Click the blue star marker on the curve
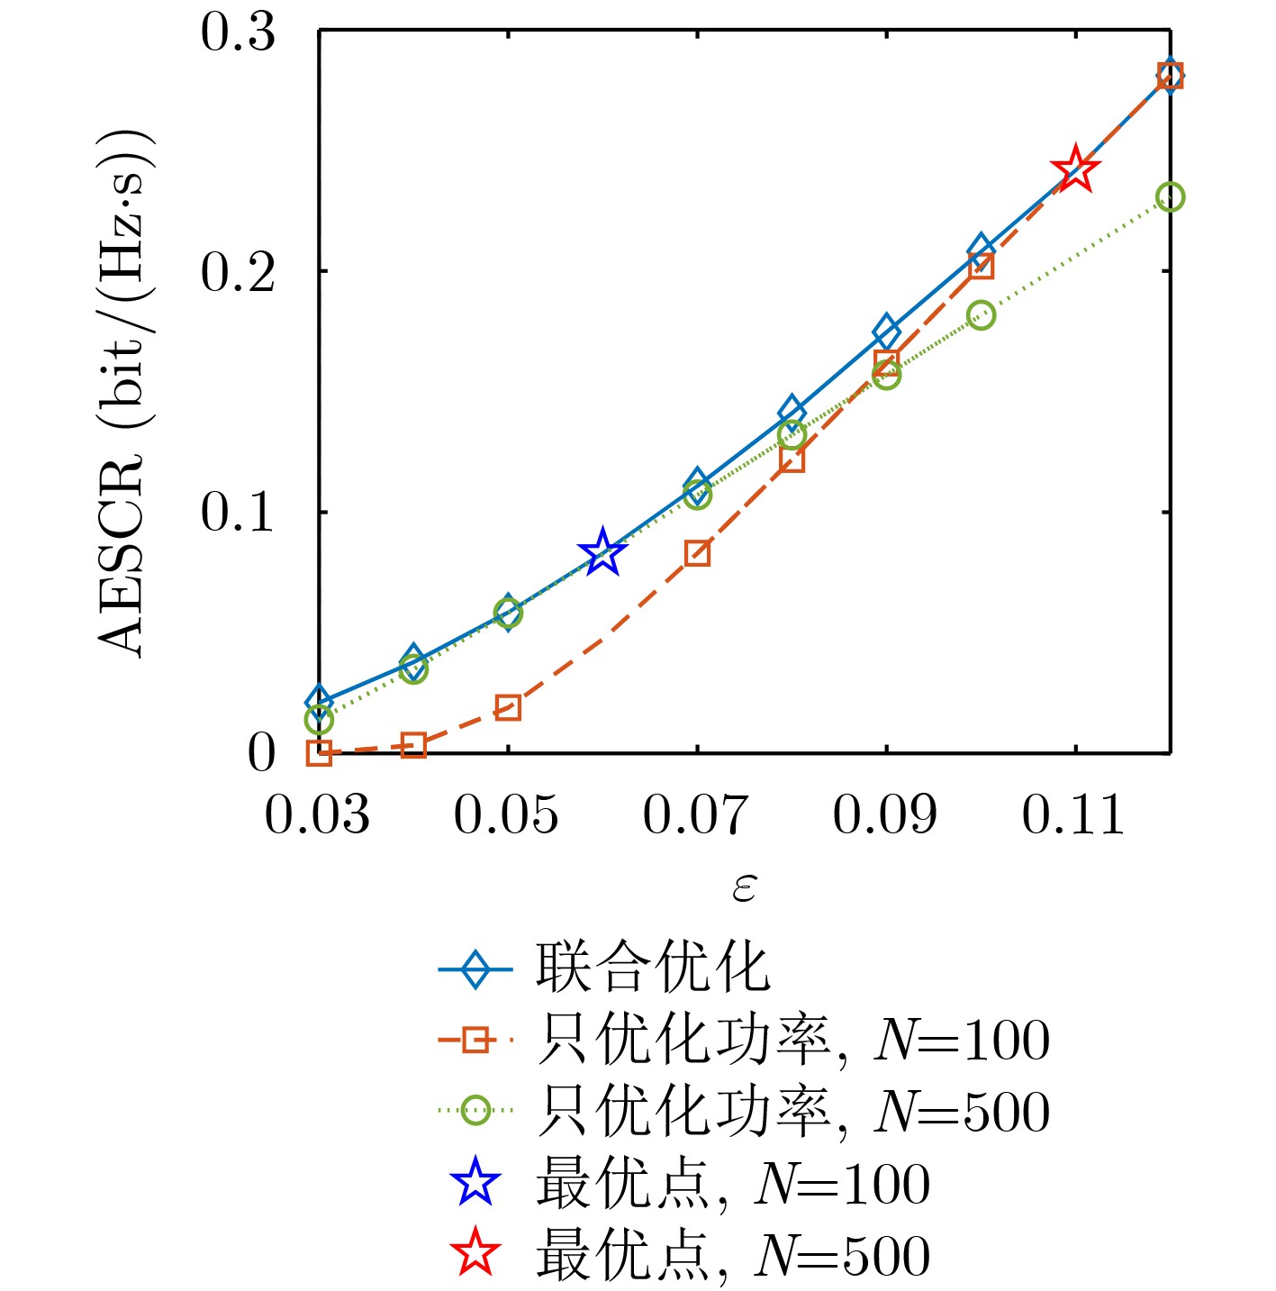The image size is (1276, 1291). [x=602, y=553]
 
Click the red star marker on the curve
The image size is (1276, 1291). [x=1075, y=169]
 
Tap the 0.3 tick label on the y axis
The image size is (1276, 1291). [x=238, y=33]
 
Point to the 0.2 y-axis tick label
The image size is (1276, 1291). [x=238, y=272]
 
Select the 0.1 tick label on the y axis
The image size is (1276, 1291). [x=238, y=513]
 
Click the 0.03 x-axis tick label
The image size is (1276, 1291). [x=317, y=815]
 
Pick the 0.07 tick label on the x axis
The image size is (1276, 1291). [x=695, y=815]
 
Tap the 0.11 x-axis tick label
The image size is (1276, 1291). [x=1072, y=815]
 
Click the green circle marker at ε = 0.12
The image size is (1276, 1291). [x=1170, y=197]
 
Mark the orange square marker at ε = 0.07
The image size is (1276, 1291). [x=697, y=553]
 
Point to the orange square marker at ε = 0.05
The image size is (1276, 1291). [x=508, y=708]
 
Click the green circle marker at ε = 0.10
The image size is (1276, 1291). [x=981, y=315]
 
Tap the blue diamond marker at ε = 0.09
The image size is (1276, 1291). [x=886, y=331]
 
